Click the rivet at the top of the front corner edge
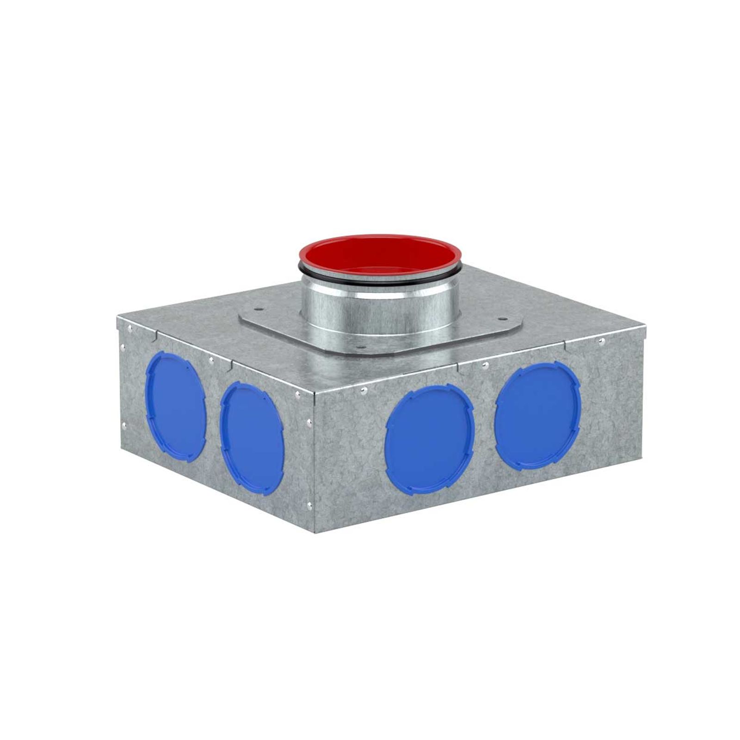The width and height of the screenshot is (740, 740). coord(296,394)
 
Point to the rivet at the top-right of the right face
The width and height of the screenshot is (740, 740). coord(602,342)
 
